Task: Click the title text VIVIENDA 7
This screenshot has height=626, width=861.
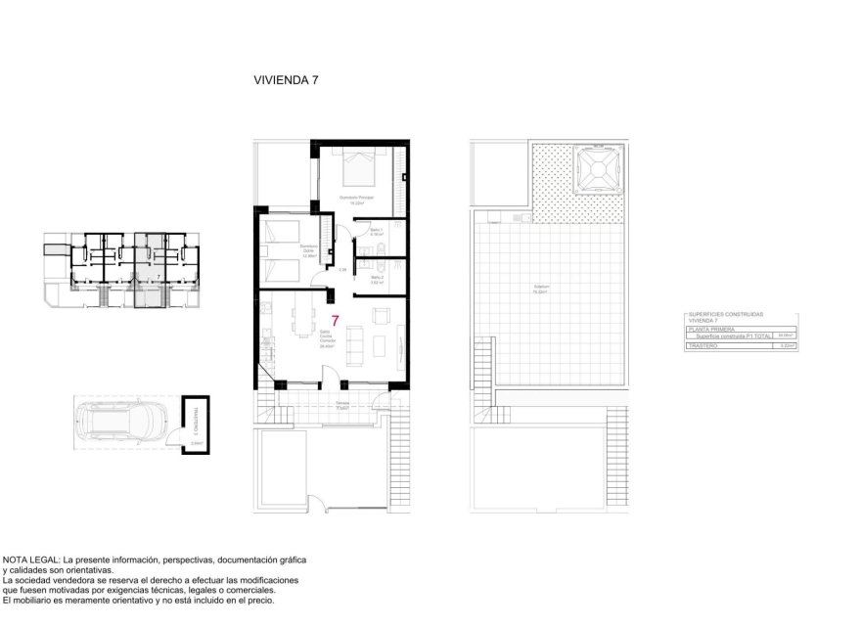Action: pos(286,81)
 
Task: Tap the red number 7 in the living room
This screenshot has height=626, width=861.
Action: pos(336,321)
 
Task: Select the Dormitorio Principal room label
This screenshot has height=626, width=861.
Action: pos(356,200)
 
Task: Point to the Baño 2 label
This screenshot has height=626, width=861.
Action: pos(377,279)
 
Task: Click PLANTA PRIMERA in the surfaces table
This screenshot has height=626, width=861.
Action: pos(709,330)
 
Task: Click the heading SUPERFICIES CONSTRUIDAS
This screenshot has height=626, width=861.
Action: pos(726,315)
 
